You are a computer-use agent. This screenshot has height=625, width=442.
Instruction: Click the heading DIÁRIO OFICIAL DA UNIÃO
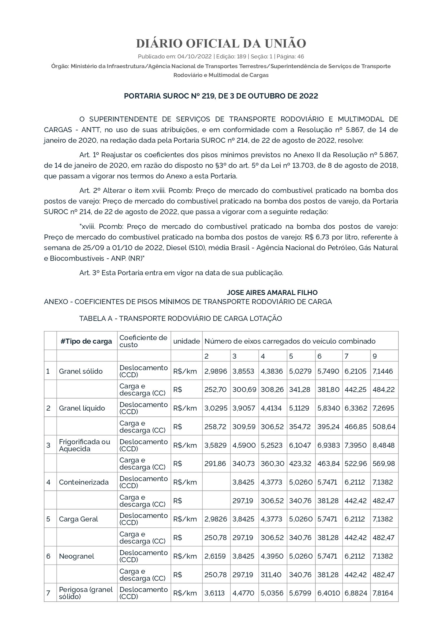point(221,43)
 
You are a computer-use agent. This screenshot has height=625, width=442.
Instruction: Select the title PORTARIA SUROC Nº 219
point(221,96)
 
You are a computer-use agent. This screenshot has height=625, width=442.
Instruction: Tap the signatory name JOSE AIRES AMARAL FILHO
point(272,293)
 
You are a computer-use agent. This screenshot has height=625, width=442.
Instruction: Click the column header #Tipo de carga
point(86,341)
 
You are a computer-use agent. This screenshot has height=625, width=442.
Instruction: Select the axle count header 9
point(375,356)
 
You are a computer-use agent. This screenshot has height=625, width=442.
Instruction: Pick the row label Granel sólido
point(81,371)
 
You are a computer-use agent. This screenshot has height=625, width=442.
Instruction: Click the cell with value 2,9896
point(216,371)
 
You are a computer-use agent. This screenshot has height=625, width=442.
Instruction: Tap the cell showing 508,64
point(384,426)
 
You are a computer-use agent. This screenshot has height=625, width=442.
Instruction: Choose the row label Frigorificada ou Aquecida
point(84,445)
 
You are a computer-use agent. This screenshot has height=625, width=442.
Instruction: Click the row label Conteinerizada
point(84,482)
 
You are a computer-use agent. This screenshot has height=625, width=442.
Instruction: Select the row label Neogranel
point(76,556)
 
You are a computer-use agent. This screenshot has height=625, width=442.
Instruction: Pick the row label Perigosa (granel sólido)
point(86,593)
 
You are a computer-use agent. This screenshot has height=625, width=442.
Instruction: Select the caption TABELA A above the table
point(180,319)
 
